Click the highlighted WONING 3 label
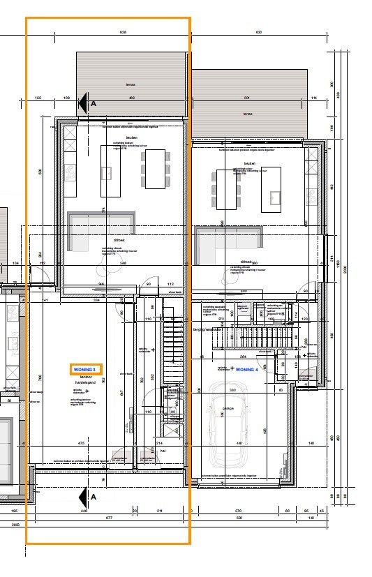click(x=87, y=368)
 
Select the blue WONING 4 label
click(x=246, y=369)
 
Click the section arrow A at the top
click(x=87, y=103)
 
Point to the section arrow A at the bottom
click(x=88, y=497)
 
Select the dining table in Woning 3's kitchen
click(x=155, y=169)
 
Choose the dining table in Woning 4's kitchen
click(x=228, y=189)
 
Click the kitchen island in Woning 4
click(x=271, y=190)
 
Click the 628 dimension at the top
click(x=123, y=32)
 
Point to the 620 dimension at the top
click(x=258, y=32)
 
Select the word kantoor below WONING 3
click(x=87, y=377)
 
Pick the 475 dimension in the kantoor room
click(x=81, y=443)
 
